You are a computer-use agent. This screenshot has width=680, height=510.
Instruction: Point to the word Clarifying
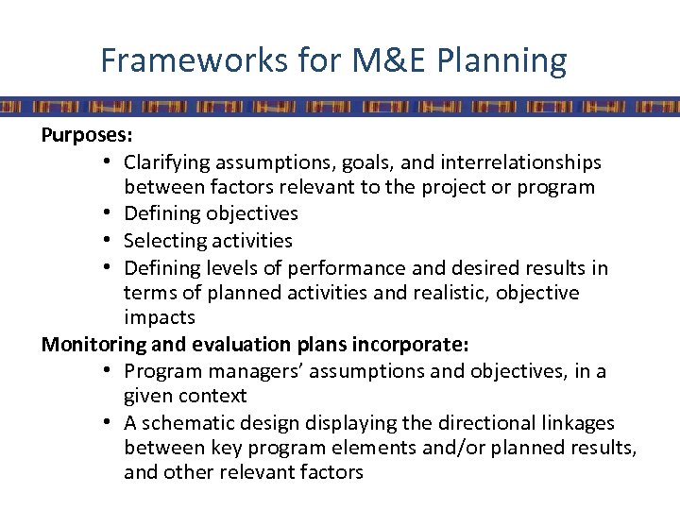coord(169,161)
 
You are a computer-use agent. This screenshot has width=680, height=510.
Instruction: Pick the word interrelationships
coord(524,161)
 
